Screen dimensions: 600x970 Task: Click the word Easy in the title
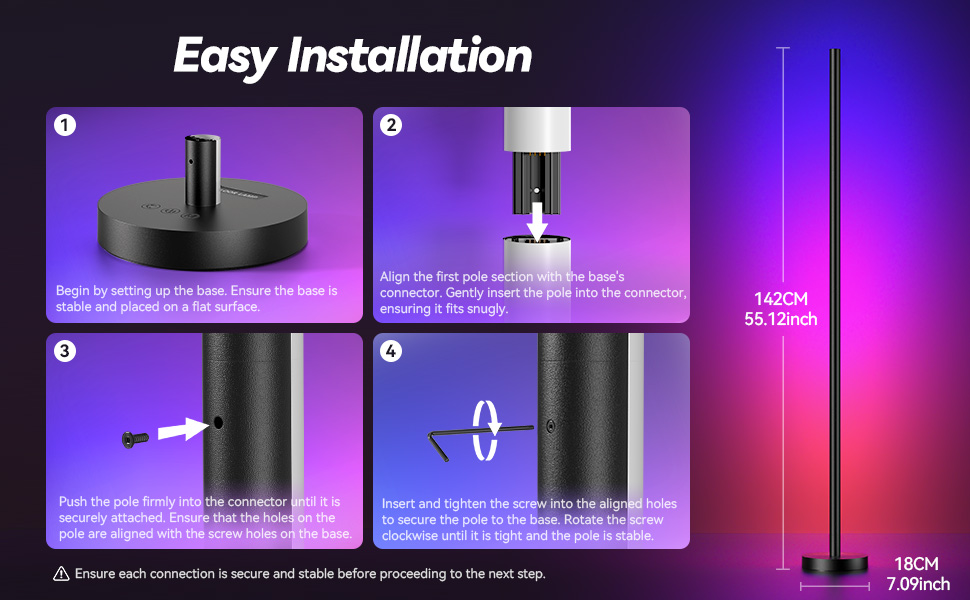(x=223, y=56)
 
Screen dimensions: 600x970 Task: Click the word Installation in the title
(x=410, y=56)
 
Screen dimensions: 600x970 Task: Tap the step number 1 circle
(x=65, y=126)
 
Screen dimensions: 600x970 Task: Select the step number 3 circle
(x=65, y=351)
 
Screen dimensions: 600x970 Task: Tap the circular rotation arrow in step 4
(x=487, y=430)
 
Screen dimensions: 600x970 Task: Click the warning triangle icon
(x=62, y=574)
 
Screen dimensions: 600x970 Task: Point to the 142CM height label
(x=781, y=299)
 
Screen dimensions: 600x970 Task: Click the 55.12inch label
(x=781, y=319)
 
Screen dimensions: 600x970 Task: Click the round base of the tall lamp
(x=833, y=562)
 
